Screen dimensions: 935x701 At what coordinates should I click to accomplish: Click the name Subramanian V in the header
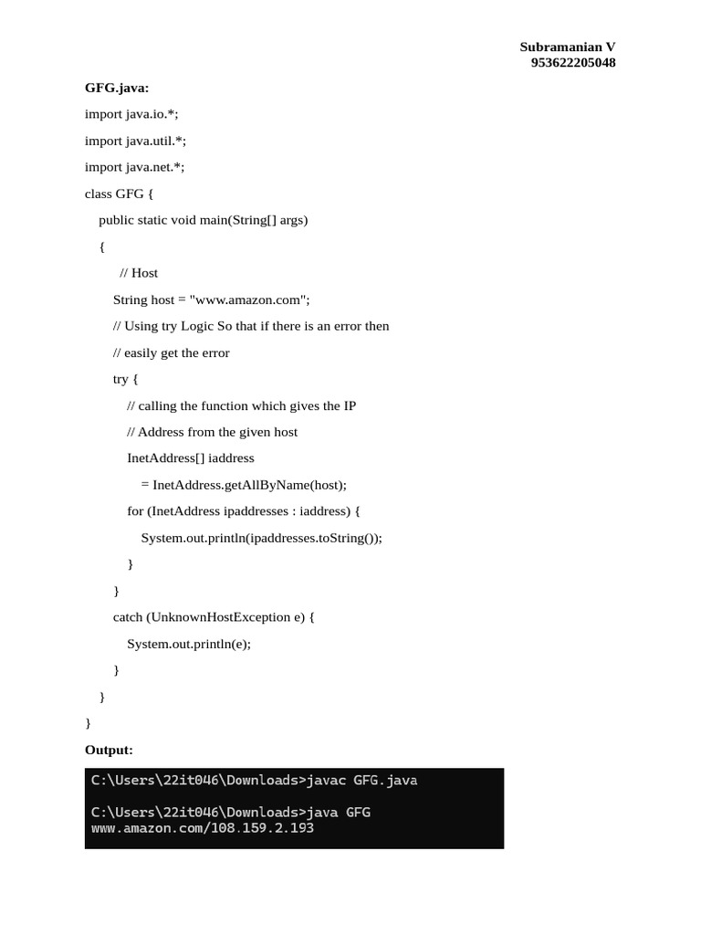567,47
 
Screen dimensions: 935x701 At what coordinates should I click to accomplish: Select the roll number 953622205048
572,63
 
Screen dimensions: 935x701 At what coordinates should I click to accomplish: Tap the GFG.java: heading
117,88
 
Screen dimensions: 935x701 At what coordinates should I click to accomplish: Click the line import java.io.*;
132,114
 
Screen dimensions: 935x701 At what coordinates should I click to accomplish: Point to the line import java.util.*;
135,141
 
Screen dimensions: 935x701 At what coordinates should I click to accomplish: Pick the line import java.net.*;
134,167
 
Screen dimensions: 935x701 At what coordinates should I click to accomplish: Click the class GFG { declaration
120,194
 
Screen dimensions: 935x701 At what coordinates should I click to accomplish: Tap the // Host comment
139,273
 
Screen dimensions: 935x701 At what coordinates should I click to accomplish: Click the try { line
126,379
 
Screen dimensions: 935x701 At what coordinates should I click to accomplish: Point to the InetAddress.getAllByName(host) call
248,485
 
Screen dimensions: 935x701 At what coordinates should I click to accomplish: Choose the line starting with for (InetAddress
244,511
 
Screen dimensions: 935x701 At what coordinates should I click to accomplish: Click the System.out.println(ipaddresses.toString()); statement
261,538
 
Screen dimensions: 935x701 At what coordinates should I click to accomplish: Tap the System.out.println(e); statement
189,644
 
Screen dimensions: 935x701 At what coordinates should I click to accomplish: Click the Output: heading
109,750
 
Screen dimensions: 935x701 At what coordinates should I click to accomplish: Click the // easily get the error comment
172,352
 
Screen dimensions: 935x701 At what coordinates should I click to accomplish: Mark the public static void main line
204,220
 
